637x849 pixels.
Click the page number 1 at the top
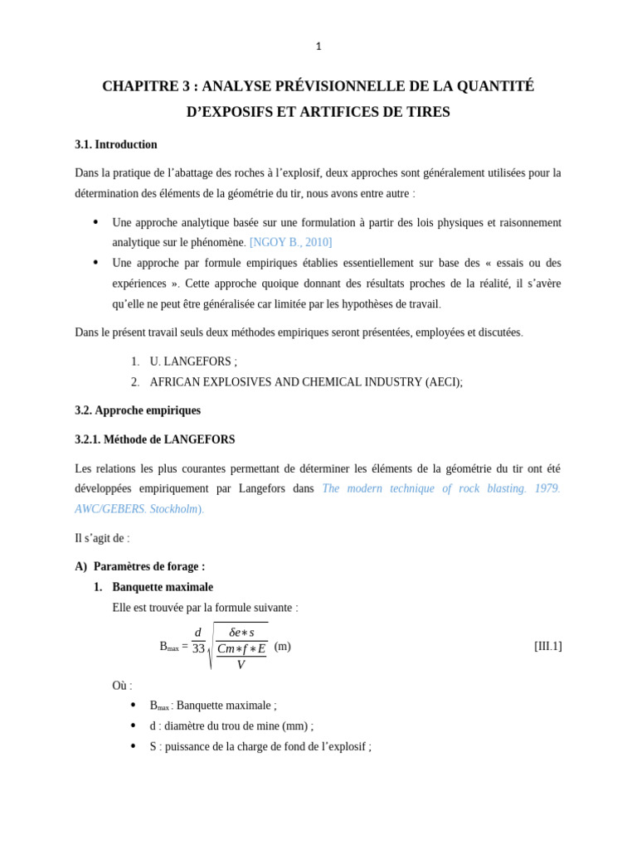pyautogui.click(x=318, y=46)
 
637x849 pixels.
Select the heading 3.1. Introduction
pyautogui.click(x=116, y=144)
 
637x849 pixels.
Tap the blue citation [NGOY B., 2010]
pyautogui.click(x=290, y=242)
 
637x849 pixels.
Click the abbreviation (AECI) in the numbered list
pyautogui.click(x=443, y=382)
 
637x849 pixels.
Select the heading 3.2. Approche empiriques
pyautogui.click(x=138, y=410)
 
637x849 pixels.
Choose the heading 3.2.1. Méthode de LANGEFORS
pyautogui.click(x=155, y=439)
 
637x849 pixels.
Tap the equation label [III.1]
pyautogui.click(x=547, y=646)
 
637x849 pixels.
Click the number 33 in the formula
pyautogui.click(x=198, y=649)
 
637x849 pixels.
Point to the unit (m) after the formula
pyautogui.click(x=283, y=646)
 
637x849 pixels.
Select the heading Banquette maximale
pyautogui.click(x=163, y=587)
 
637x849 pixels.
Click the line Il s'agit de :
pyautogui.click(x=102, y=538)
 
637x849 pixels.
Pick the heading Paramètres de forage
pyautogui.click(x=148, y=566)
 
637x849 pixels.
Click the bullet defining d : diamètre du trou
pyautogui.click(x=231, y=726)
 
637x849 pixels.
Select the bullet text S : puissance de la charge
pyautogui.click(x=260, y=746)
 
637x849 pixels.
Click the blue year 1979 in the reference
pyautogui.click(x=547, y=488)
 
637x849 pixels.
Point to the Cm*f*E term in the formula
pyautogui.click(x=241, y=649)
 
